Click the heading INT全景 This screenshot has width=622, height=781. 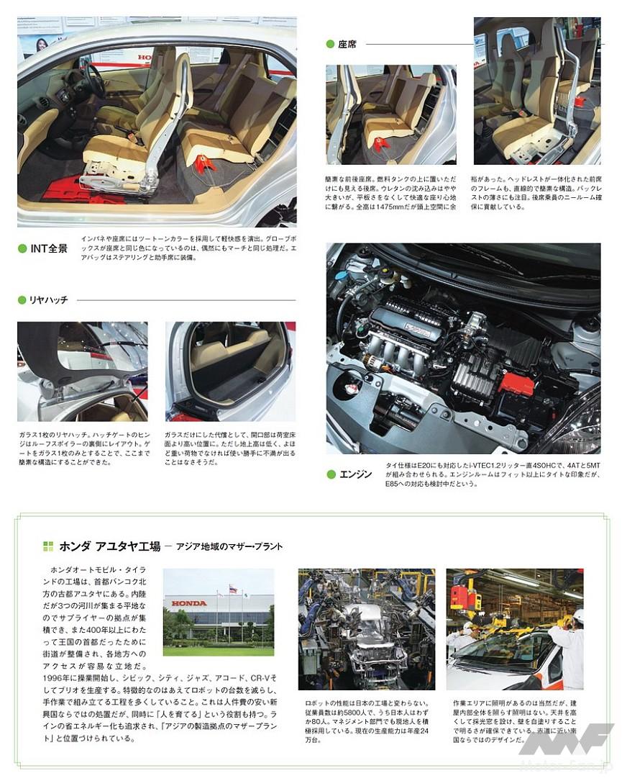(49, 248)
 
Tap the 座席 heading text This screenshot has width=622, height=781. (347, 44)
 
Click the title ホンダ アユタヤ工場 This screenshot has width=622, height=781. (109, 546)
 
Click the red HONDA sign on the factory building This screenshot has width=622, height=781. (188, 603)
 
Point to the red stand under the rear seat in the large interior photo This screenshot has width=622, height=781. (205, 163)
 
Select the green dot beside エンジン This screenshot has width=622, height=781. (331, 474)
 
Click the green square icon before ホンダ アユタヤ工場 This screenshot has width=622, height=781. (48, 546)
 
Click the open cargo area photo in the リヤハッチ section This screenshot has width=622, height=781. (230, 371)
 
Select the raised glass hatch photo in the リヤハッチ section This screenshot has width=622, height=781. (82, 371)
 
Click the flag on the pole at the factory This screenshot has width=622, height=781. (232, 589)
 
